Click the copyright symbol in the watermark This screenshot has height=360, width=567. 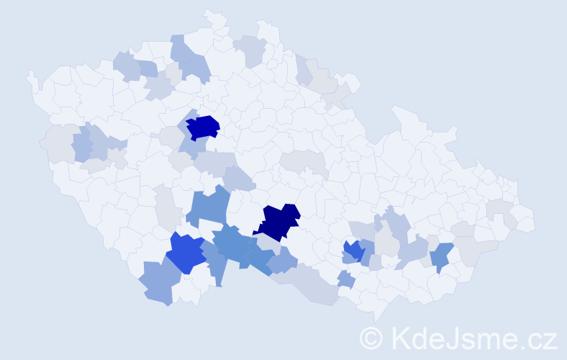click(371, 337)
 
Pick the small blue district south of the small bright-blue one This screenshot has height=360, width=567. click(346, 279)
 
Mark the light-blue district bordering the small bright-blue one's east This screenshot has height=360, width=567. click(366, 251)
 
